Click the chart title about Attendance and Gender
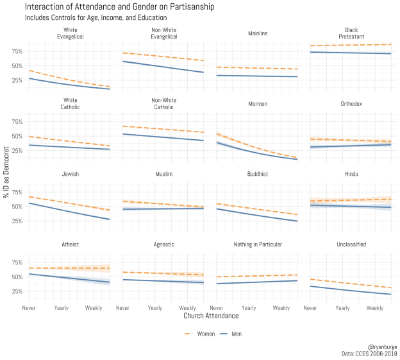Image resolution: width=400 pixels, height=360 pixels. (119, 6)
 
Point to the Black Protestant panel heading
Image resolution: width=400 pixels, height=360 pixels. (351, 33)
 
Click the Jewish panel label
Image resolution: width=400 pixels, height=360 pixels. (71, 175)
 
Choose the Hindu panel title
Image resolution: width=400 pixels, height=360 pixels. (351, 175)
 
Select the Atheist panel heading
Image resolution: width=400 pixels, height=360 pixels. (71, 244)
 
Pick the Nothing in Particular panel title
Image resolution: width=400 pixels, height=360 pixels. (257, 244)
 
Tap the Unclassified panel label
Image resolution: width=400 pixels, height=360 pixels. (351, 244)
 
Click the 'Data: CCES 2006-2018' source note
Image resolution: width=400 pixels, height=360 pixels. (369, 354)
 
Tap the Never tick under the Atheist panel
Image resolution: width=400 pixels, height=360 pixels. (29, 308)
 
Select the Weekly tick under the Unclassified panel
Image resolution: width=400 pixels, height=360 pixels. (375, 308)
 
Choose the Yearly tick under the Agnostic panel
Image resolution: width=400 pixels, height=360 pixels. (155, 308)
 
